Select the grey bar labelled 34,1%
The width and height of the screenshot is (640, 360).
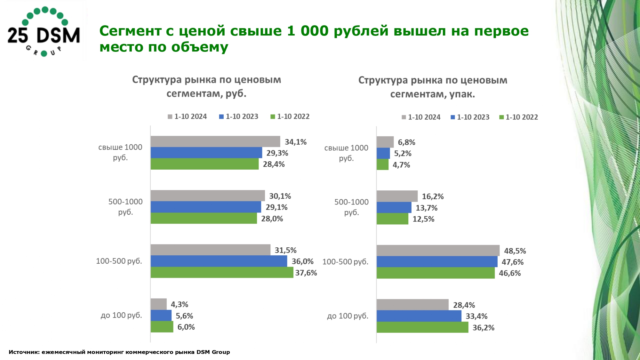click(x=215, y=141)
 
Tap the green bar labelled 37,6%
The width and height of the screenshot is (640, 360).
click(x=222, y=272)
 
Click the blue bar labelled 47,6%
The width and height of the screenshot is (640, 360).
click(x=437, y=262)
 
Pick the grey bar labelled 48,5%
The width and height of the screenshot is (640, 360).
click(x=438, y=251)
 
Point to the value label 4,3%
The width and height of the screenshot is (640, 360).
click(x=180, y=304)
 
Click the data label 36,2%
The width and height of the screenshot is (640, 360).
click(x=483, y=328)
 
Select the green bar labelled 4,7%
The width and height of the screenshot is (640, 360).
click(x=382, y=164)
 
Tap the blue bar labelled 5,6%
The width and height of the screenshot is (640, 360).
click(x=161, y=316)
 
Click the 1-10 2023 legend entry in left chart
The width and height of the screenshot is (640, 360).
click(x=239, y=116)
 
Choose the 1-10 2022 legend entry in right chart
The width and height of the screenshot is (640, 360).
click(x=519, y=117)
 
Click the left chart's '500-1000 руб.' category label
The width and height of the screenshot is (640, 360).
click(x=125, y=207)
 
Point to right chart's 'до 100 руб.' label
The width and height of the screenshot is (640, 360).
click(x=348, y=316)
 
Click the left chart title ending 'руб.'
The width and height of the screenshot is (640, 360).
click(x=206, y=86)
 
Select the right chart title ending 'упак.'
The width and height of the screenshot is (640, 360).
click(x=433, y=87)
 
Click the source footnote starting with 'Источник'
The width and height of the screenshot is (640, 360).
click(x=119, y=352)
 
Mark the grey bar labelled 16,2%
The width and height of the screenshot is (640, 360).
click(x=397, y=196)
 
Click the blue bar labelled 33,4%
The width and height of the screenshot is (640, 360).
click(x=419, y=316)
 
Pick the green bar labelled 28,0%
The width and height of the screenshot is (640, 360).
click(x=204, y=218)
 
